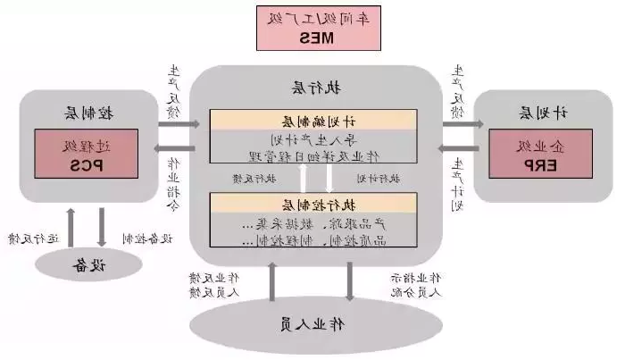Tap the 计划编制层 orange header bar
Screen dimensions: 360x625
[313, 121]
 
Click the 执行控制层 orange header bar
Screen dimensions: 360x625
[313, 204]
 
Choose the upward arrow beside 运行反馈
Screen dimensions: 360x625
[70, 227]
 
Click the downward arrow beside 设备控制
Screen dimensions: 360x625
[102, 227]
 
